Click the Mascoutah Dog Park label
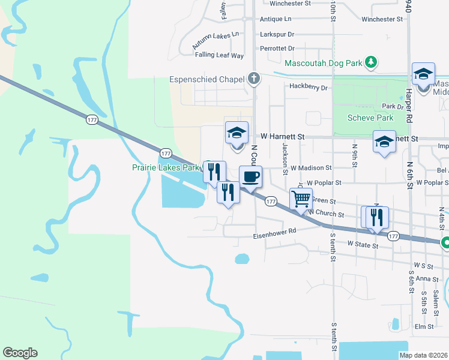point(324,62)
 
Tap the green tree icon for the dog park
point(372,62)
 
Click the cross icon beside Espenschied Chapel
point(254,79)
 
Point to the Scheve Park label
point(370,118)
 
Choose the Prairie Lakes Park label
point(165,168)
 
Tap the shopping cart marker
point(301,198)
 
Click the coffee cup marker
point(251,176)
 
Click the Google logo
point(20,353)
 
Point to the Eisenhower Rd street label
point(275,230)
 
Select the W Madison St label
point(312,168)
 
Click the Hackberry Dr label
point(309,87)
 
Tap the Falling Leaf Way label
point(219,55)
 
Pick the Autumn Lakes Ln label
point(215,40)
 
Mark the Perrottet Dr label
point(277,48)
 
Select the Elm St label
point(424,327)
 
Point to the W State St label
point(364,245)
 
